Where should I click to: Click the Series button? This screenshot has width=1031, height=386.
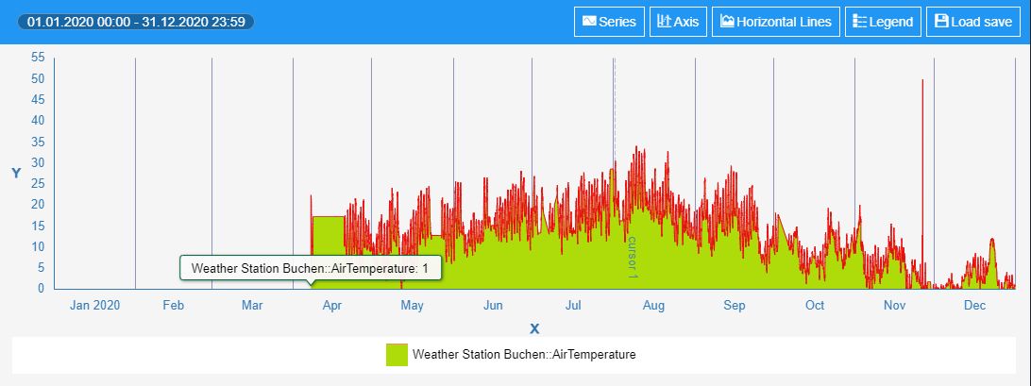pyautogui.click(x=608, y=22)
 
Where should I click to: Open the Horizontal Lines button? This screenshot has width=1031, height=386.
pyautogui.click(x=775, y=22)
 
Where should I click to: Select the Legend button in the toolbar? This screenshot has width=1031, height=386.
pyautogui.click(x=883, y=22)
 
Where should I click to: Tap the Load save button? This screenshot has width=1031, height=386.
pyautogui.click(x=973, y=22)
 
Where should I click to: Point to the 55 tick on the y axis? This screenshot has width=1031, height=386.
pyautogui.click(x=38, y=58)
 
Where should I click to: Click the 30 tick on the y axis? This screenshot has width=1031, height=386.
pyautogui.click(x=38, y=162)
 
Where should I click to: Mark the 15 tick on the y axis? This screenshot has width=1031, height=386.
pyautogui.click(x=38, y=226)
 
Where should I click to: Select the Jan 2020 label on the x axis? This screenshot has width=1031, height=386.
pyautogui.click(x=95, y=306)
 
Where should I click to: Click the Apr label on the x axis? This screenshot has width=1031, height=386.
pyautogui.click(x=332, y=306)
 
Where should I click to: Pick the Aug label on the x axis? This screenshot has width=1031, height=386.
pyautogui.click(x=653, y=306)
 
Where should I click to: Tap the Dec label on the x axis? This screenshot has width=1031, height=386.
pyautogui.click(x=975, y=306)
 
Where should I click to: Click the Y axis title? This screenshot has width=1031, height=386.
pyautogui.click(x=16, y=174)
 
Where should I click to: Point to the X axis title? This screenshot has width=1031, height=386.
pyautogui.click(x=534, y=328)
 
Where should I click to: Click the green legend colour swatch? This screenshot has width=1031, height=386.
pyautogui.click(x=397, y=355)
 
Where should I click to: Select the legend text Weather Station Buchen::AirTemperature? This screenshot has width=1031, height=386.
pyautogui.click(x=524, y=355)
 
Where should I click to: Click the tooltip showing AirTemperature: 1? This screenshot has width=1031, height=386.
pyautogui.click(x=310, y=269)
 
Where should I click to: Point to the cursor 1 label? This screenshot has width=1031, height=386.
pyautogui.click(x=633, y=257)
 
